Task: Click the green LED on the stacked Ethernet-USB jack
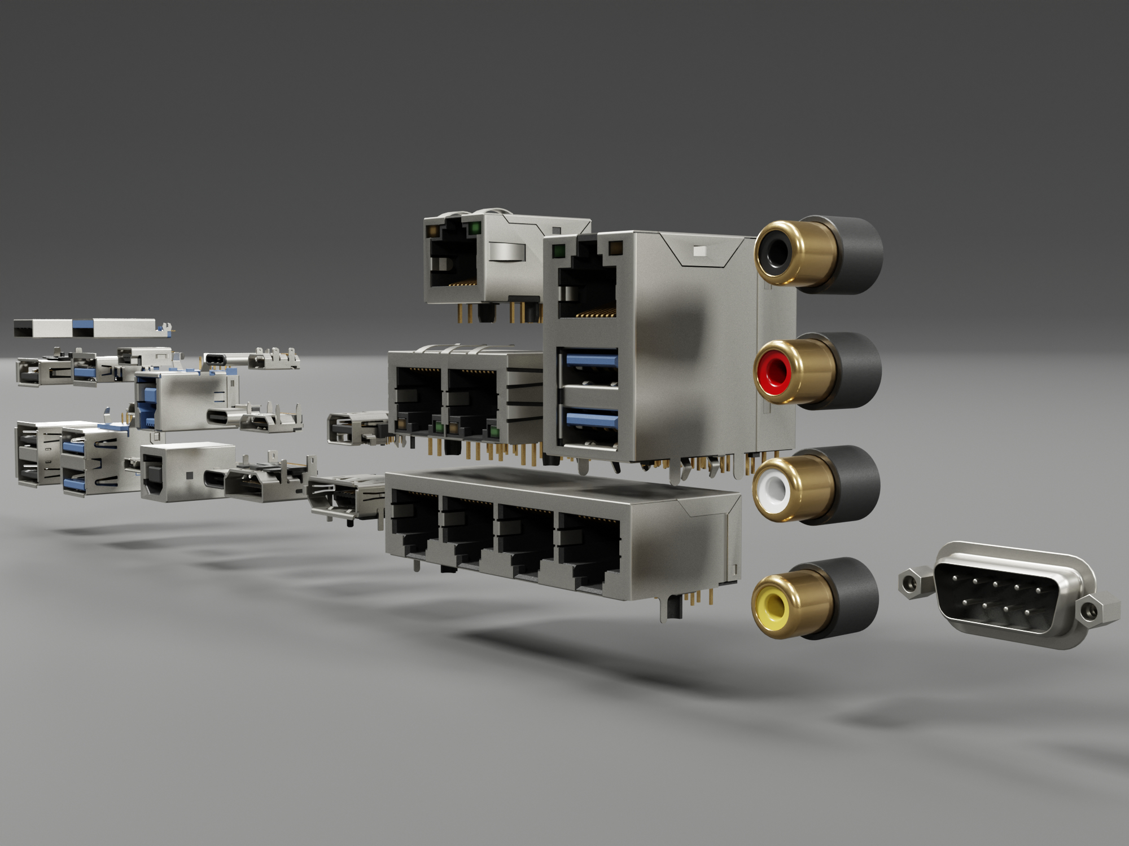559,250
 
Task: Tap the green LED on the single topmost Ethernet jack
474,228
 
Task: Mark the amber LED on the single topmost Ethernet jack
434,231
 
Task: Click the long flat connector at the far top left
85,327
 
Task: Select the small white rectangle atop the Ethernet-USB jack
700,250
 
